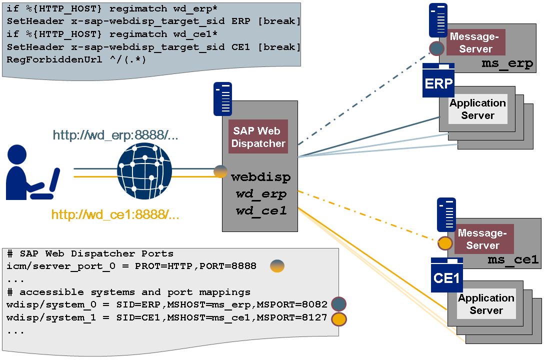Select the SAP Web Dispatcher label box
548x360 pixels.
258,136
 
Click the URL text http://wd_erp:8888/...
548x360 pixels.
115,135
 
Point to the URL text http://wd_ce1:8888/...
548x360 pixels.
115,215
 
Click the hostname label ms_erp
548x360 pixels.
507,64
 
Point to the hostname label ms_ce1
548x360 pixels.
513,259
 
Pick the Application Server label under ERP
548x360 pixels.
478,109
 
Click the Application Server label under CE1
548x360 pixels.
486,304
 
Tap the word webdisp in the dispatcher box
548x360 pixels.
260,176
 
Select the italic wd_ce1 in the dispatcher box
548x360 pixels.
261,211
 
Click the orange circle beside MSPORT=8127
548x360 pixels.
338,318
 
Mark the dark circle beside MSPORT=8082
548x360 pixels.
338,304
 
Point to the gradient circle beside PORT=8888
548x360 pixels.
277,266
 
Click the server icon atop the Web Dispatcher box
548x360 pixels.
222,98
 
